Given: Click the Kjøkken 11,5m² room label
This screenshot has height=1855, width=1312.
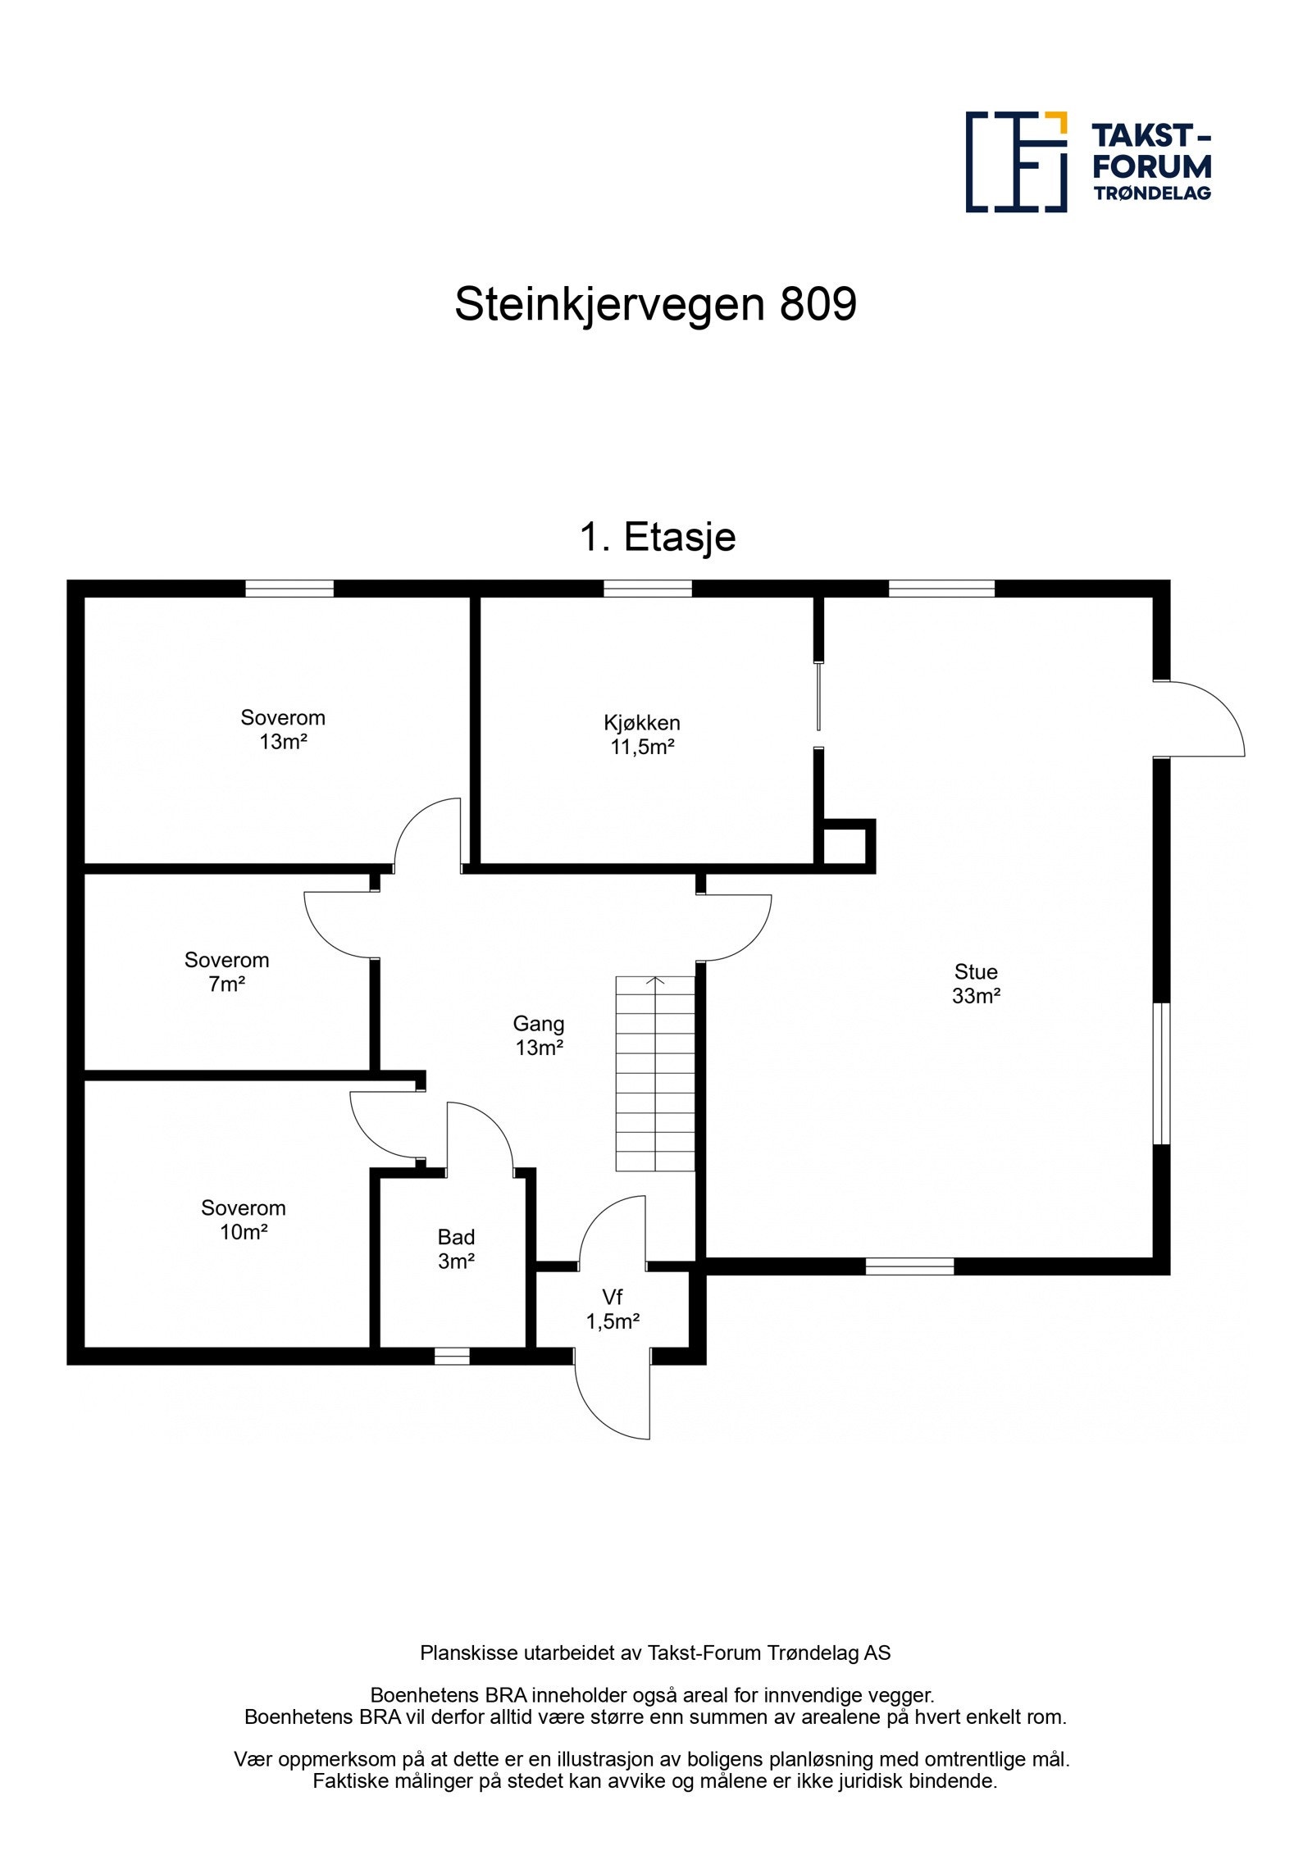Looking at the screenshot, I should [x=642, y=734].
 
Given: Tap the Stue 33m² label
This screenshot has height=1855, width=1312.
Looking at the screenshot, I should [x=976, y=984].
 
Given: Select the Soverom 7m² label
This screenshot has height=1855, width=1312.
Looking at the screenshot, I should [x=226, y=971].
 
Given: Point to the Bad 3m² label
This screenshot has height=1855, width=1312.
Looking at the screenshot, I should [x=456, y=1248].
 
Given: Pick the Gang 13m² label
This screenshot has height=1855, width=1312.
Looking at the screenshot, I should [x=539, y=1035].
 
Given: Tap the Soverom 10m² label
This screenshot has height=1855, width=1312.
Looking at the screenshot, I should [x=243, y=1220].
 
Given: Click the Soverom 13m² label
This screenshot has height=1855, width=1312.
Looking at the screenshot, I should [x=282, y=730].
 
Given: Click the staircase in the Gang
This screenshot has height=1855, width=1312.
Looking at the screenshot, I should [x=655, y=1073].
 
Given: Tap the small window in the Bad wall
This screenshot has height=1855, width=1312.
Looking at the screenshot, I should [x=452, y=1357].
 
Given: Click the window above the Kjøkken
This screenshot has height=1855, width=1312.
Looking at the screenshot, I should [x=648, y=589].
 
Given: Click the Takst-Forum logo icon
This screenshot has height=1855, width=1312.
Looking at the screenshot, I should [x=1016, y=162].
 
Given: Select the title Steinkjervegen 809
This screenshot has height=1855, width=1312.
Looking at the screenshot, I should [x=655, y=304].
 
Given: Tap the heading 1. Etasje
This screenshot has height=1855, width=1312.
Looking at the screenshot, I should [x=658, y=537].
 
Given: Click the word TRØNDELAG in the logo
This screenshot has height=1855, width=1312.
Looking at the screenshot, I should [x=1152, y=193].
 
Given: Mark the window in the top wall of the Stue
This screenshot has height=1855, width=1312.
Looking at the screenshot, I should [x=941, y=589].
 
